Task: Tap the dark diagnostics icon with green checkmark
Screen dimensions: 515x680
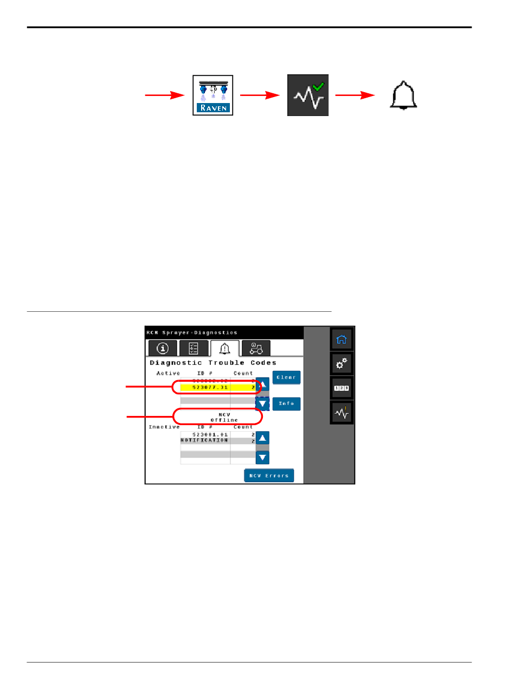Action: click(x=307, y=95)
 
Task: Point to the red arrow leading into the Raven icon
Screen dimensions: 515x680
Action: click(x=165, y=95)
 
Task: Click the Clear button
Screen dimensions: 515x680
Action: click(x=286, y=377)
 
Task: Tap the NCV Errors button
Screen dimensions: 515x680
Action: click(x=269, y=476)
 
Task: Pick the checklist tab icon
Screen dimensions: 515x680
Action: click(x=193, y=348)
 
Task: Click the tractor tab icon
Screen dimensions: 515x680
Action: click(x=256, y=348)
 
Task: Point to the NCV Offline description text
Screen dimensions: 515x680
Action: click(x=224, y=417)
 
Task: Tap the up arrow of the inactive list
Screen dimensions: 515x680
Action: click(x=262, y=438)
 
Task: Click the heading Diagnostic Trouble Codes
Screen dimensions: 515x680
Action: click(x=213, y=363)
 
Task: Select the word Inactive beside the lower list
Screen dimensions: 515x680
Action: click(x=164, y=427)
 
